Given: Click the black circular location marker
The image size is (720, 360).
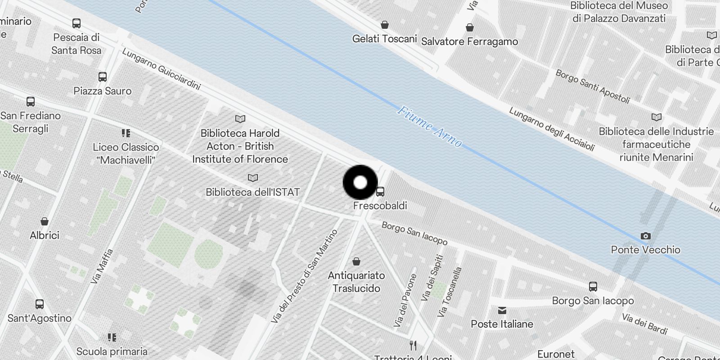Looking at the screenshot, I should tap(360, 183).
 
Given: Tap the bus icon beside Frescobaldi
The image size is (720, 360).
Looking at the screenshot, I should tap(380, 192).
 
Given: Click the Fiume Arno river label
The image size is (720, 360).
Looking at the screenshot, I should tap(429, 127).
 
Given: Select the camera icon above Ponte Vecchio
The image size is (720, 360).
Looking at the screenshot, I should tap(645, 236).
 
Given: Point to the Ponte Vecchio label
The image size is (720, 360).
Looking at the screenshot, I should tap(645, 250).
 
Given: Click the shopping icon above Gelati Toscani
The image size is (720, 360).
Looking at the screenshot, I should tap(384, 25).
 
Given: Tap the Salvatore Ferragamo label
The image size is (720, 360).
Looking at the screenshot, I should tap(469, 41).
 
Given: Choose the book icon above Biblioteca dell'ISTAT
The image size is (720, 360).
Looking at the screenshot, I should tap(253, 178).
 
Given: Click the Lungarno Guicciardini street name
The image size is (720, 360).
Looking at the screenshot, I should tap(161, 69).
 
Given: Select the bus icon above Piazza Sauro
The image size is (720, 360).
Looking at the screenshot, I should tap(103, 77).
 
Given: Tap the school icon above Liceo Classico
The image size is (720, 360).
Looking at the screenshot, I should tap(126, 133).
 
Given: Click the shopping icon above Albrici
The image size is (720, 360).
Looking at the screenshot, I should tap(45, 221).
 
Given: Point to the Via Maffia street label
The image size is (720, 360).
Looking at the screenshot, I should tap(102, 266).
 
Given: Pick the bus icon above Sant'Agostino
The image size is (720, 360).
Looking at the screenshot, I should tap(40, 304).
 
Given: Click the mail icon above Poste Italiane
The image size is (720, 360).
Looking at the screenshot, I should tap(502, 310).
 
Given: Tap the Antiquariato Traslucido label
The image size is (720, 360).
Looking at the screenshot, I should tap(356, 282).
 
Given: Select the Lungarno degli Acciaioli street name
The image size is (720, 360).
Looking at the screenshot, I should tap(552, 129).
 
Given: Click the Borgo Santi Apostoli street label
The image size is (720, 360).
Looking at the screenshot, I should tap(592, 86).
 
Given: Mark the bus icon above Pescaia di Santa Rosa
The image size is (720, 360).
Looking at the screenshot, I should tap(76, 23).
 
